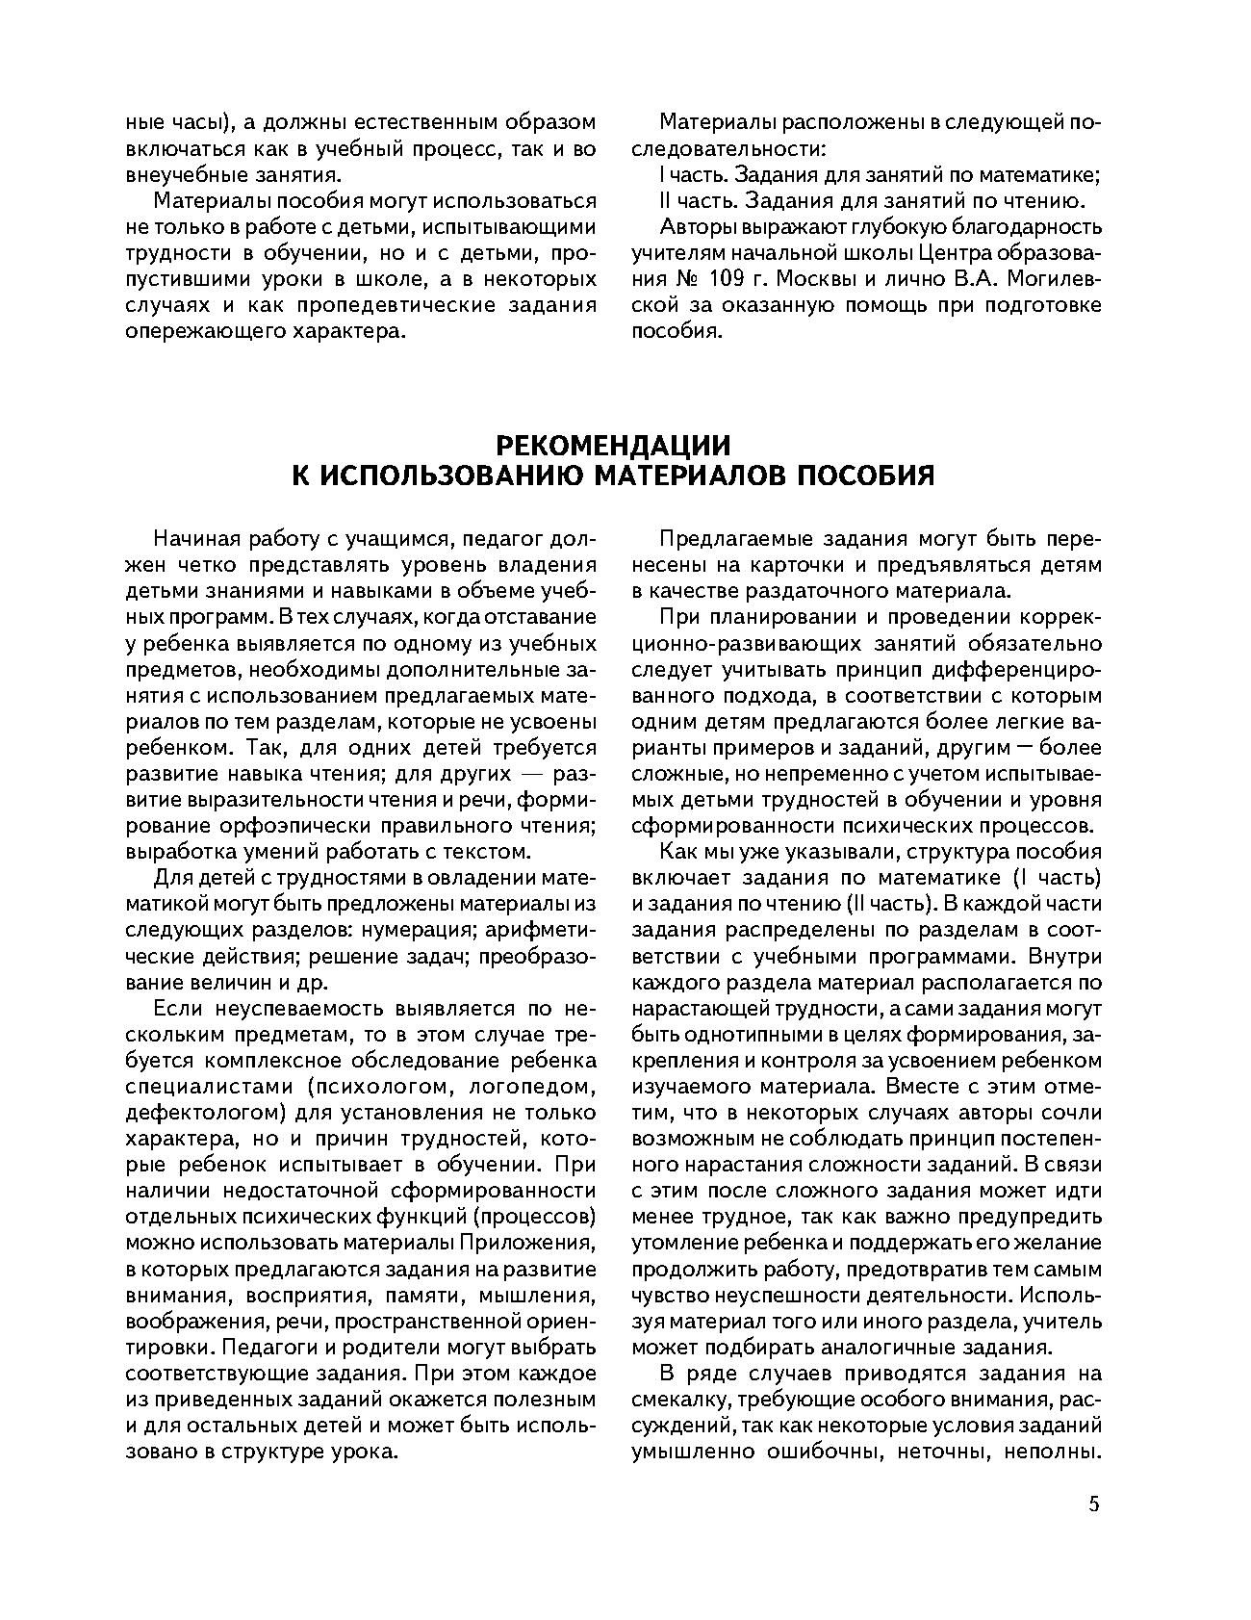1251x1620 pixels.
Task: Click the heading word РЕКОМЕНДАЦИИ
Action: point(613,446)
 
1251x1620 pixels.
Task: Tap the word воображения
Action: point(197,1321)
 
